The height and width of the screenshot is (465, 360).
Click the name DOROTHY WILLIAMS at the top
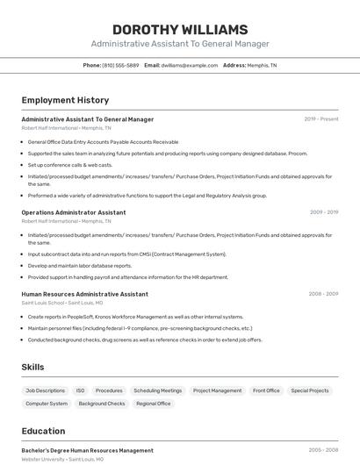point(180,30)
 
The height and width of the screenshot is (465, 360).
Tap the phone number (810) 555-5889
point(120,65)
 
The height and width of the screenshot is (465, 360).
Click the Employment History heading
point(65,100)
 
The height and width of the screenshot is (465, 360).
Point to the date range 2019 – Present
point(321,119)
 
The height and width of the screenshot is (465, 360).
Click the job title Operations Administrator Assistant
point(74,212)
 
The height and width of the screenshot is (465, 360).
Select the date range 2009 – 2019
point(324,212)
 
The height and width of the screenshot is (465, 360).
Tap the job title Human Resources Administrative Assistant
point(84,294)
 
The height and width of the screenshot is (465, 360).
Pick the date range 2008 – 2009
point(323,294)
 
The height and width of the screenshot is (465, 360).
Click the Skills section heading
point(33,367)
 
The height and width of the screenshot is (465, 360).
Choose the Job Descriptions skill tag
point(45,390)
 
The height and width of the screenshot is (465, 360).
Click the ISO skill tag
point(80,390)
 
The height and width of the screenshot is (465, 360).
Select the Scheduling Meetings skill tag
point(158,390)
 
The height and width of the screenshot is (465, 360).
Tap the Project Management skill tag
point(217,390)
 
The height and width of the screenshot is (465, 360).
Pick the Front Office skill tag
point(266,390)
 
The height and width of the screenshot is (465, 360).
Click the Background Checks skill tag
point(102,404)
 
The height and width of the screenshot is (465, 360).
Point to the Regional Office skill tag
point(153,404)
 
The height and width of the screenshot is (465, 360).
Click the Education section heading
point(44,431)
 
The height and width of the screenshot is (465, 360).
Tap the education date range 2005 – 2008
point(323,450)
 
